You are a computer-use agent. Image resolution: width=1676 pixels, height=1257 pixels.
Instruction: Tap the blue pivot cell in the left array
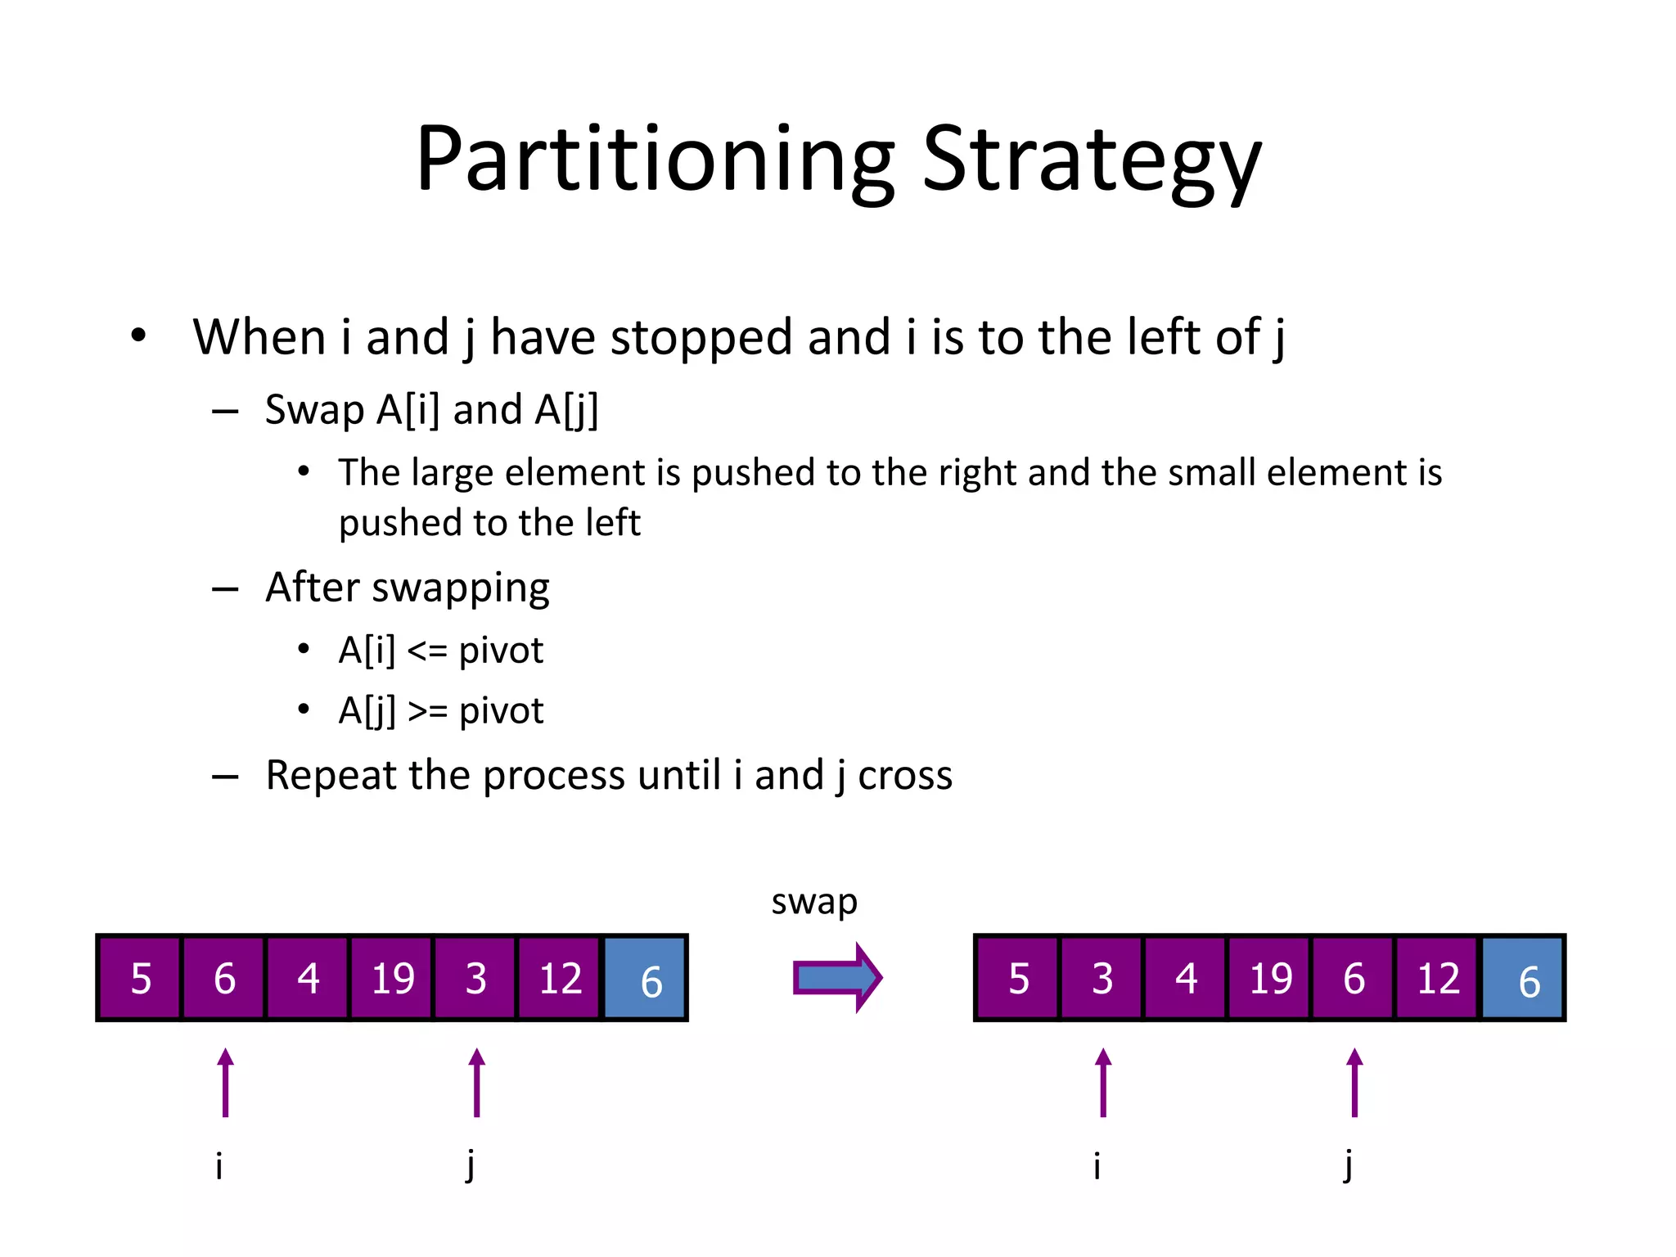coord(645,978)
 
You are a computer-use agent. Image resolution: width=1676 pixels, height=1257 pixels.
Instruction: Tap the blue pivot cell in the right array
coord(1523,978)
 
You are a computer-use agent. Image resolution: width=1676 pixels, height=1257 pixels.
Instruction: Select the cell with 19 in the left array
coord(392,978)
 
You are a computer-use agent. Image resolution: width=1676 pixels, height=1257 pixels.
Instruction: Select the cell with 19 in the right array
coord(1270,978)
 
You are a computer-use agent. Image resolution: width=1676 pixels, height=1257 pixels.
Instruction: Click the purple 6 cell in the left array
coord(224,978)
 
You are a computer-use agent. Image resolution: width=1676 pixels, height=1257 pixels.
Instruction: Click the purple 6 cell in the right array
coord(1354,978)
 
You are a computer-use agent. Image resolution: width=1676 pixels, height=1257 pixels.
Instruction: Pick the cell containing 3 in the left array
coord(475,978)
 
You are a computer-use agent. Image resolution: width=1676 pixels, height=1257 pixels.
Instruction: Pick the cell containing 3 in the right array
coord(1102,978)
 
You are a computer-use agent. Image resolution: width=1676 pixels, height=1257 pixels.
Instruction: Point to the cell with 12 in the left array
coord(560,978)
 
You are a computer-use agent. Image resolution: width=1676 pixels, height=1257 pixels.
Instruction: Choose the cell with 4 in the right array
coord(1186,978)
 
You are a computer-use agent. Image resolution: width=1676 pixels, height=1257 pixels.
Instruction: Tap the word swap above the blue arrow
coord(814,902)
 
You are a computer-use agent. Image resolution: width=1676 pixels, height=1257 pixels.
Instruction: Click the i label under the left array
coord(219,1165)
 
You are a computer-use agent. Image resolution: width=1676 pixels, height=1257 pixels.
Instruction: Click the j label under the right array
coord(1348,1165)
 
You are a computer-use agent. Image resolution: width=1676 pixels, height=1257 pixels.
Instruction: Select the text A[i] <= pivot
coord(440,651)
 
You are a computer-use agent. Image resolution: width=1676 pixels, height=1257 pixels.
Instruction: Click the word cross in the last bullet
coord(905,775)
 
